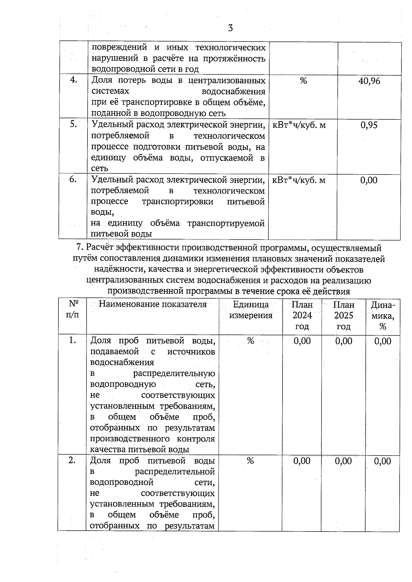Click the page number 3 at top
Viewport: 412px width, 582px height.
[x=230, y=28]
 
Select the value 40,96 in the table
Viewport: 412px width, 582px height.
[x=369, y=81]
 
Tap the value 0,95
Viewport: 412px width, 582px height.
[x=369, y=125]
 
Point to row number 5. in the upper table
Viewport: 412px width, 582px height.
[x=73, y=124]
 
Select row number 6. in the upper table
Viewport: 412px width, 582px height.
[x=73, y=179]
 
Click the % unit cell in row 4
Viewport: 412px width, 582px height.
[x=303, y=81]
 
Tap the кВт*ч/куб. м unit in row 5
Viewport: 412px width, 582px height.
[x=299, y=125]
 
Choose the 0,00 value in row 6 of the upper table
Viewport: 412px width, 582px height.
[x=369, y=180]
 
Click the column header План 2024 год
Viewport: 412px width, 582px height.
[x=302, y=316]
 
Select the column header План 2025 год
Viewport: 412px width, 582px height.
[x=344, y=316]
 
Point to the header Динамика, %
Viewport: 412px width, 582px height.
[x=383, y=316]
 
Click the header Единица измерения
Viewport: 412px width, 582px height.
[x=251, y=310]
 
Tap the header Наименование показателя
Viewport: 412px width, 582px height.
[x=152, y=305]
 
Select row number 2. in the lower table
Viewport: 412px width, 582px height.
[x=72, y=461]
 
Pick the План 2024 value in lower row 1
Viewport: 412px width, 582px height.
[x=302, y=341]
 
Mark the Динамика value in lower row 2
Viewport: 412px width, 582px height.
[x=382, y=461]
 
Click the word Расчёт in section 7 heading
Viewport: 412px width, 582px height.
[x=100, y=248]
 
